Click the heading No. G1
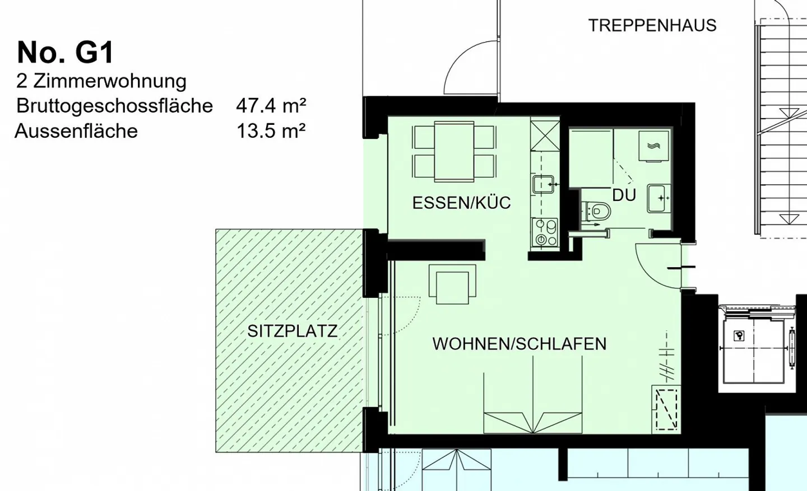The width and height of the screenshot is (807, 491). tap(66, 53)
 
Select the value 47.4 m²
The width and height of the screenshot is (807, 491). tap(271, 105)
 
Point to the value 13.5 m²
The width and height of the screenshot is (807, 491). tap(271, 131)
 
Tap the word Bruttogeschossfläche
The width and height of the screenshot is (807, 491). tap(114, 105)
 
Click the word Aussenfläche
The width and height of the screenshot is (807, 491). tap(76, 131)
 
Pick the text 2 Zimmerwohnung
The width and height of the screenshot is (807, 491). tap(101, 81)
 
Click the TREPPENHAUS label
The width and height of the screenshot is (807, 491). tap(652, 26)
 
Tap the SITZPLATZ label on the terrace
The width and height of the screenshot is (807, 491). tap(292, 331)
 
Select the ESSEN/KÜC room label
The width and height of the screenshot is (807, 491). tap(461, 203)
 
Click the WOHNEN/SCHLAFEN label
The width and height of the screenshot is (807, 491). tap(519, 344)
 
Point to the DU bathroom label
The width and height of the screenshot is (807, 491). tap(624, 195)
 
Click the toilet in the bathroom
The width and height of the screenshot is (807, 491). tap(597, 212)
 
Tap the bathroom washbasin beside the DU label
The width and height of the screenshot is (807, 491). tap(659, 198)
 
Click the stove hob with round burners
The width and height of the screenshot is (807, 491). tap(545, 233)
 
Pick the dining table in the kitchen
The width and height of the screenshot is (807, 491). tap(454, 152)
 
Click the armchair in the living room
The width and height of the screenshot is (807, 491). tap(452, 284)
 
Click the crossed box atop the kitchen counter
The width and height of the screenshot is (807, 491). tap(545, 135)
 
